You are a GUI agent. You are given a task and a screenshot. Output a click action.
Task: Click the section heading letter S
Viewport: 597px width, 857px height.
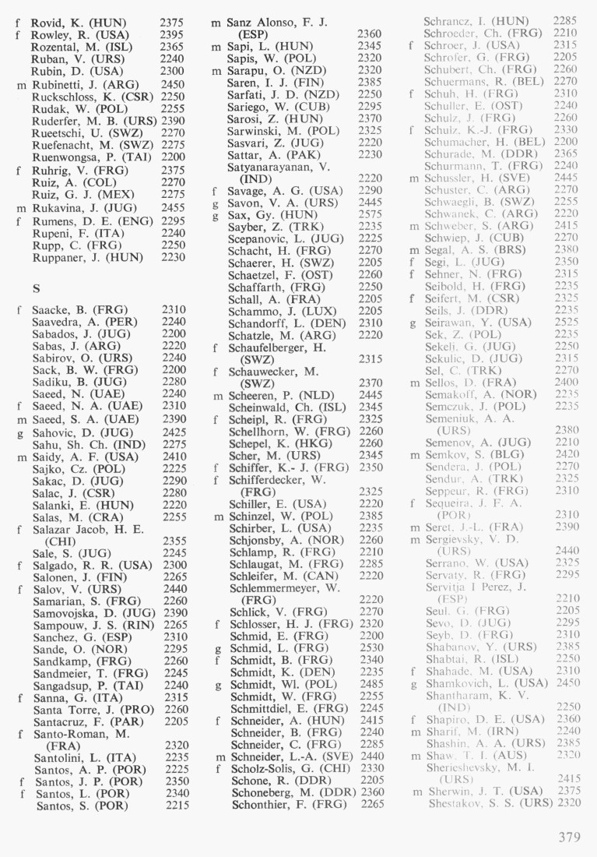37,287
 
